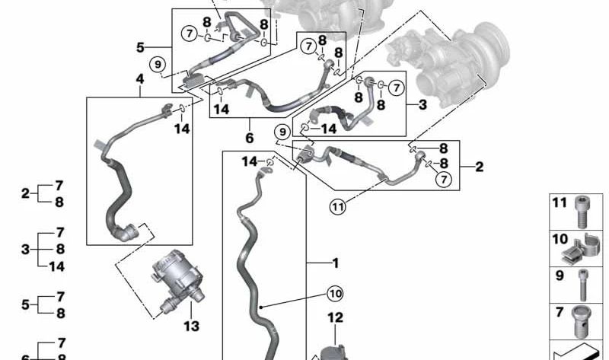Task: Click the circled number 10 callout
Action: pos(335,294)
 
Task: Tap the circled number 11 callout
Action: pos(337,206)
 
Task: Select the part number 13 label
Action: pos(192,327)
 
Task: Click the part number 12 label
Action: pos(335,317)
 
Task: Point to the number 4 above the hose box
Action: pos(140,79)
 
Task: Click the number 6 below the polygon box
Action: pos(250,138)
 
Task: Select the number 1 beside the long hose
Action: pos(336,263)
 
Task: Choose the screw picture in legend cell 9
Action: pos(583,285)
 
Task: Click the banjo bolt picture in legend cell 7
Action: pos(582,321)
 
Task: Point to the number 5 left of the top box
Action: pos(140,48)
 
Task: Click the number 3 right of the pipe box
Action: pos(422,104)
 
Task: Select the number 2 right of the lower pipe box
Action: pos(480,167)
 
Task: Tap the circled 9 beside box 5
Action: pos(158,64)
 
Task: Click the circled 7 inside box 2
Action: pos(444,179)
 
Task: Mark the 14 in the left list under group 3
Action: pos(56,266)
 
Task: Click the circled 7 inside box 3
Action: pos(396,88)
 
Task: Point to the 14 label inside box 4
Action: pos(182,129)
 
